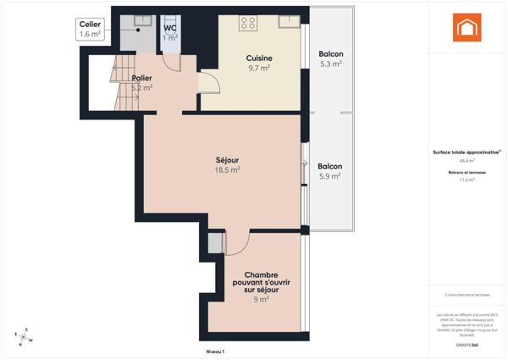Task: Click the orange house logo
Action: (467, 29)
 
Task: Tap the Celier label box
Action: (91, 30)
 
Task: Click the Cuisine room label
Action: (259, 58)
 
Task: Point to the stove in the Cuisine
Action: (248, 23)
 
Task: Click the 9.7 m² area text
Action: (259, 68)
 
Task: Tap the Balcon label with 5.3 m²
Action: (331, 53)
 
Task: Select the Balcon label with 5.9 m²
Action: (329, 166)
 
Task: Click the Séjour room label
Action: (227, 159)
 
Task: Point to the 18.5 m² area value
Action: (227, 169)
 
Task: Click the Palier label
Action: (142, 78)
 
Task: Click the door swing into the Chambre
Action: (236, 241)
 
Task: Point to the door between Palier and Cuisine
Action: (208, 83)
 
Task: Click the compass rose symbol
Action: (25, 337)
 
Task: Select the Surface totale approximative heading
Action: (466, 152)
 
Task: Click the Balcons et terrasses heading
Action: (466, 172)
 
